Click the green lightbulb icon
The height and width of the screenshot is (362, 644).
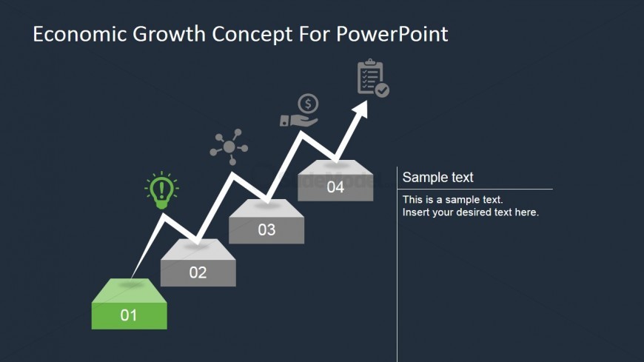[x=161, y=190]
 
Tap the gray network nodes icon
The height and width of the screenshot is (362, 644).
[x=229, y=147]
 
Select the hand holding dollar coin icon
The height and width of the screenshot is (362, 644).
[x=299, y=110]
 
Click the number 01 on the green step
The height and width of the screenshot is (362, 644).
[x=129, y=315]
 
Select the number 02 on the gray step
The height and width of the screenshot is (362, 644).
[x=198, y=272]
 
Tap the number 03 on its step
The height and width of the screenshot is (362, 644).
[x=266, y=229]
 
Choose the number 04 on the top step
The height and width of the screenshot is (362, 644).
[x=335, y=187]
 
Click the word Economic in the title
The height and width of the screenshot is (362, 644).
[x=80, y=34]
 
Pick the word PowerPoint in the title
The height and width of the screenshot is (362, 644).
[x=392, y=34]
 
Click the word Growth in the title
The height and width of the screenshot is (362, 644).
[x=169, y=34]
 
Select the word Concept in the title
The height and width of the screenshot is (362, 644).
[x=252, y=35]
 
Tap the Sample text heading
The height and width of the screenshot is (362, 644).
[x=437, y=177]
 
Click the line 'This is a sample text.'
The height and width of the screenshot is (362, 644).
[x=452, y=200]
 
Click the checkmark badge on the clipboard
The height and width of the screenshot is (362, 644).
[x=383, y=90]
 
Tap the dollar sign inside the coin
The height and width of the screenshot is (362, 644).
[x=308, y=104]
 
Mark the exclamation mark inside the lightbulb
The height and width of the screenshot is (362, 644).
[x=161, y=189]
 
